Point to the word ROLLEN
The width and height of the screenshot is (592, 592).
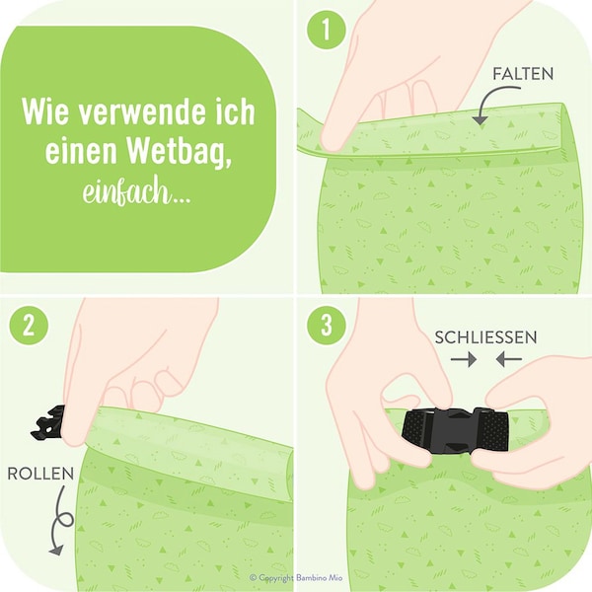(40, 473)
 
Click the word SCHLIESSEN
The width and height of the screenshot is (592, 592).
(486, 337)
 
